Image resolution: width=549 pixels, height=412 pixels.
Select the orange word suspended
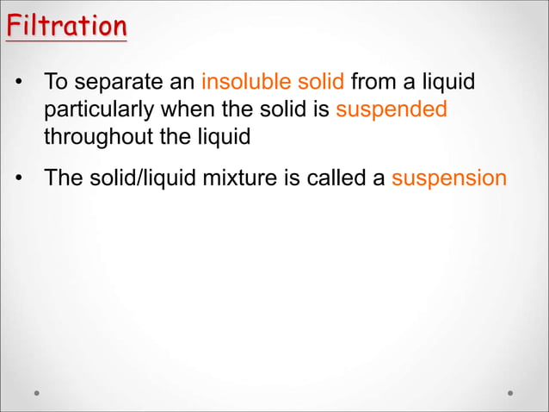click(392, 111)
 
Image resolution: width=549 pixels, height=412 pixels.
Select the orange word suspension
click(449, 179)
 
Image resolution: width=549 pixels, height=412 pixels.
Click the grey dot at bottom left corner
click(36, 392)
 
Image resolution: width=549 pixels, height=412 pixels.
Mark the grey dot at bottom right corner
click(510, 392)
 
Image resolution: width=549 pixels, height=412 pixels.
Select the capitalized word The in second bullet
click(63, 178)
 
